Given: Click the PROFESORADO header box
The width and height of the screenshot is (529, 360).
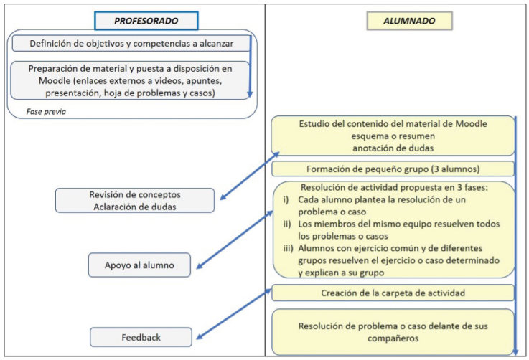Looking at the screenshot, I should point(146,21).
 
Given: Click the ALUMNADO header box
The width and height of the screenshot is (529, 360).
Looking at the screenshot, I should point(410,21).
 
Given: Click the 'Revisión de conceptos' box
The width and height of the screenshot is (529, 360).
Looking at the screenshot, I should point(134,200).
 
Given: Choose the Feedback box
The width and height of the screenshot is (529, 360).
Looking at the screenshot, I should point(141,337).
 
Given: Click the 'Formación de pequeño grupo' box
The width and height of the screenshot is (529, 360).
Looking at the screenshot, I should point(393,169).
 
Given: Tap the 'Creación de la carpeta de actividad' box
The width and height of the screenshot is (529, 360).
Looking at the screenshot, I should point(393,293).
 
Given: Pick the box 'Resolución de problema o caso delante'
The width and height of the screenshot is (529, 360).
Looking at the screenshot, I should point(393,332).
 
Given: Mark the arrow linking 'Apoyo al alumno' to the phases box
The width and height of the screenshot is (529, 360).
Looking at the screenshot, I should point(233,240).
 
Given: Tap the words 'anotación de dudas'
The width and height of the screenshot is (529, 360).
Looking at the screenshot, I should point(393,148).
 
